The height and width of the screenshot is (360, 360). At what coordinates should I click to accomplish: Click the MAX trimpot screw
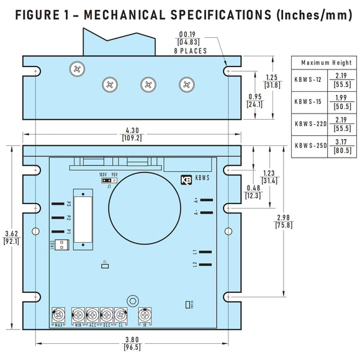tap(59, 314)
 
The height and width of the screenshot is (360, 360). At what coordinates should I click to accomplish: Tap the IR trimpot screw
tap(145, 314)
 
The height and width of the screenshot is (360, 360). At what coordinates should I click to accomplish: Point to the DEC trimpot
tap(107, 314)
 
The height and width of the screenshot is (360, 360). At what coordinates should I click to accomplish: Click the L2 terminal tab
tap(206, 264)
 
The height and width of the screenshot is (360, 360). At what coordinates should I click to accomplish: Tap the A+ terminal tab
tap(206, 200)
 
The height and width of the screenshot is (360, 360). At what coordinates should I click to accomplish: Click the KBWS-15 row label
tap(307, 101)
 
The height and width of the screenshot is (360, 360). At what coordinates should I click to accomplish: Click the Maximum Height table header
tap(326, 63)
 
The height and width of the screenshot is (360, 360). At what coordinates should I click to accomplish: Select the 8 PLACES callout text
tap(191, 51)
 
